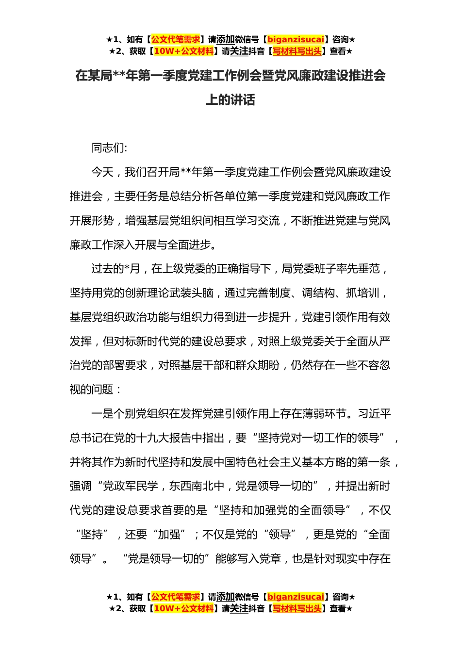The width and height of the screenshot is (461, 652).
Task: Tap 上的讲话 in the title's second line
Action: point(230,100)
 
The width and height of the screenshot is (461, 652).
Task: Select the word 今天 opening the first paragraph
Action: point(102,172)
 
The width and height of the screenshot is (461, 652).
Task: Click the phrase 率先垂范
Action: point(360,269)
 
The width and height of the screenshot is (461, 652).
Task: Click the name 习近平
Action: point(374,414)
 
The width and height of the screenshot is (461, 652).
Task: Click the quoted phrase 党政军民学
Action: point(131,486)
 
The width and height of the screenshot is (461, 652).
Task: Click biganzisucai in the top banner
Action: point(296,39)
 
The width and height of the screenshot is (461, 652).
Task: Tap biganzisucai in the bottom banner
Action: point(296,597)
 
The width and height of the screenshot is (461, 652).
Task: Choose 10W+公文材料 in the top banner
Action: point(183,51)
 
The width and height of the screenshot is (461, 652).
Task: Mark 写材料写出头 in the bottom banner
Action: point(297,608)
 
